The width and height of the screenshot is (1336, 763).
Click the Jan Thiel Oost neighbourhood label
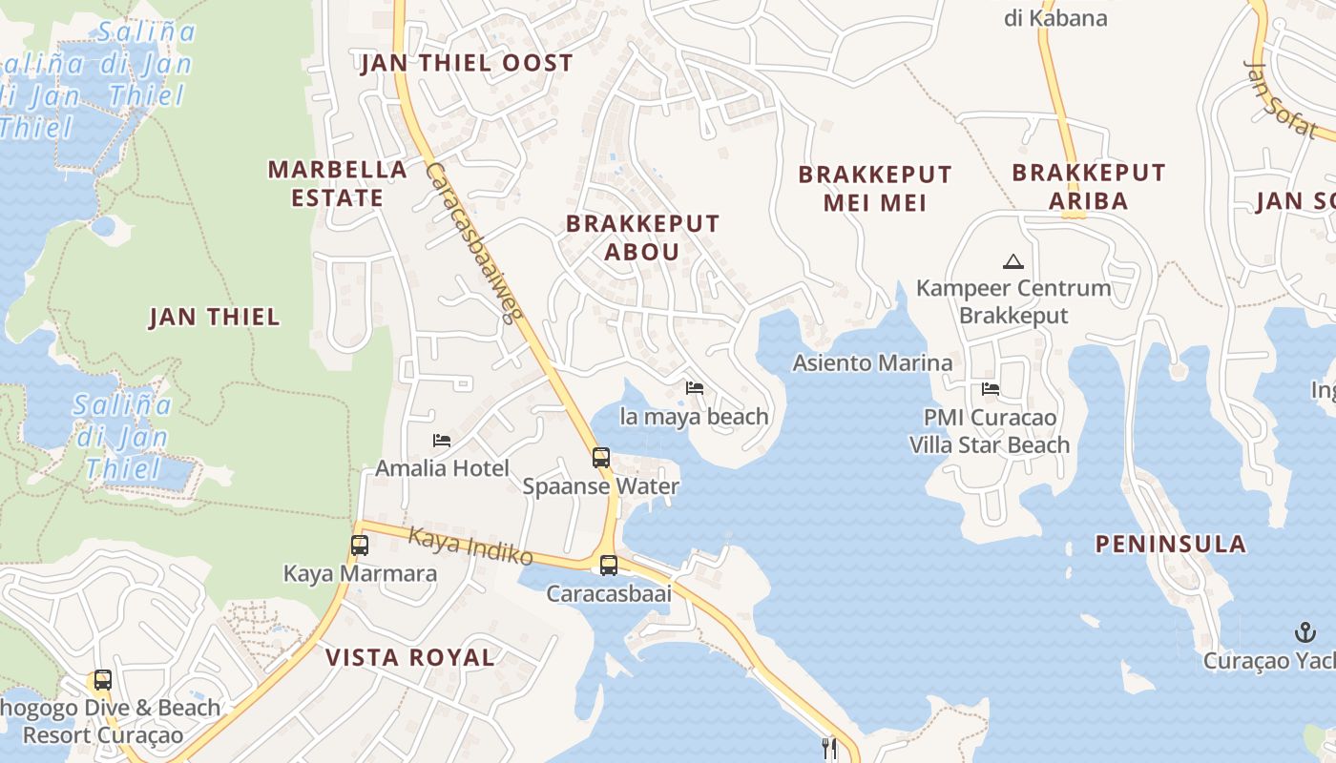click(467, 64)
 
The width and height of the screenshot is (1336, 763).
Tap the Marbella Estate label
click(337, 184)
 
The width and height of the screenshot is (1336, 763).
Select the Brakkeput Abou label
click(642, 237)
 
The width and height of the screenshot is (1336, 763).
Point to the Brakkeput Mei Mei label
click(875, 189)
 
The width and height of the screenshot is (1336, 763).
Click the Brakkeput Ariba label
click(1089, 187)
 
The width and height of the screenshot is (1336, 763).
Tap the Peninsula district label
click(1170, 545)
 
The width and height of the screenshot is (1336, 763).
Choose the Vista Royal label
click(410, 657)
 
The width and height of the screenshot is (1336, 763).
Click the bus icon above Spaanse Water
click(601, 458)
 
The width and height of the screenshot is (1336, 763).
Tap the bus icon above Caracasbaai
click(609, 566)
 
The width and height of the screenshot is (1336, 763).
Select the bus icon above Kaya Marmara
click(360, 546)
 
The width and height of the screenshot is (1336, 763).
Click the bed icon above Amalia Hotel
click(442, 440)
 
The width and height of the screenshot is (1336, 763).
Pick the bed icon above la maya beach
click(695, 388)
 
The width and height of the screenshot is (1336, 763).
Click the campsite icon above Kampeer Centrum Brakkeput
click(1012, 260)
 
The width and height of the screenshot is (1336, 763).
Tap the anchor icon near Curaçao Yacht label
click(1305, 631)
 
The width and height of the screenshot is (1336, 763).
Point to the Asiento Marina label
click(872, 363)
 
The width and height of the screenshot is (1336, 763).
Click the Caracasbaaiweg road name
click(471, 243)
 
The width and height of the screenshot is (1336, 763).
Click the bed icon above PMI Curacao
click(991, 389)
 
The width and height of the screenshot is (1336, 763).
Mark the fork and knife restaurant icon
click(829, 748)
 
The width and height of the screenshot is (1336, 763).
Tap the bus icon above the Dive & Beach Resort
click(103, 681)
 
